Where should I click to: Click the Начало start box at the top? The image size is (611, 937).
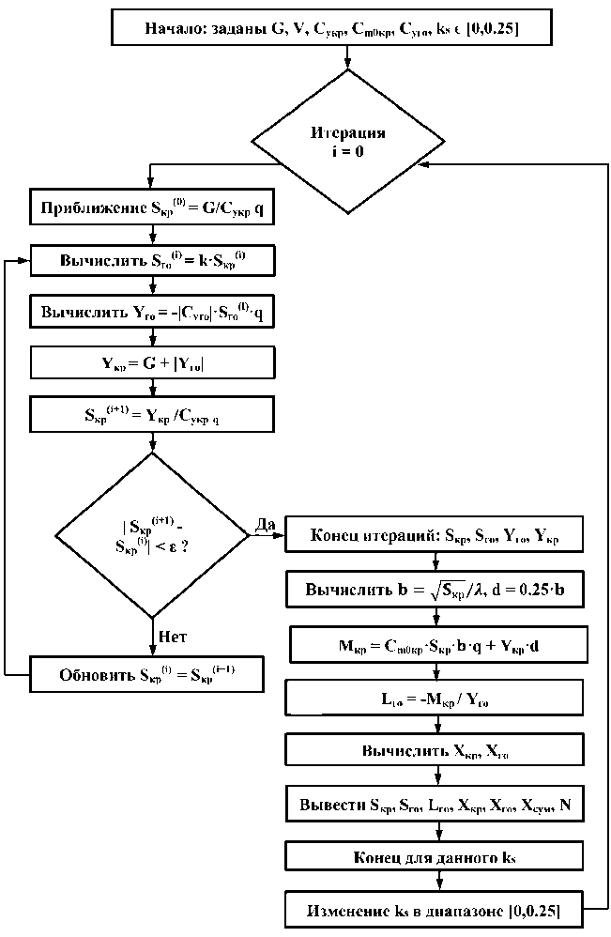[348, 27]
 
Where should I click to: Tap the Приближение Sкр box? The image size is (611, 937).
[152, 207]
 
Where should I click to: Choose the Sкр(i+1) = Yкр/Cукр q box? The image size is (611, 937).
[152, 412]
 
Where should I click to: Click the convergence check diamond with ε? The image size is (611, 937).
[152, 535]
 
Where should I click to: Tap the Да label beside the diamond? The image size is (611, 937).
[264, 524]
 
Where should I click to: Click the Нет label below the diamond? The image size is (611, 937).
[171, 637]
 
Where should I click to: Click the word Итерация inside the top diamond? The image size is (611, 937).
[348, 132]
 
